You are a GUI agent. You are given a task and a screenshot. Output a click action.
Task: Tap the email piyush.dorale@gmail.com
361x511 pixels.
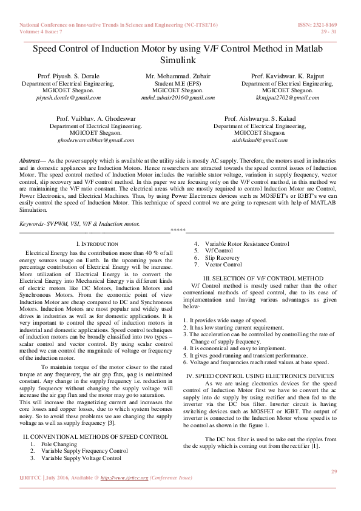pyautogui.click(x=69, y=97)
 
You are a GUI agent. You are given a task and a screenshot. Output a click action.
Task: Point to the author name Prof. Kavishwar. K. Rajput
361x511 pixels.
pyautogui.click(x=287, y=76)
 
